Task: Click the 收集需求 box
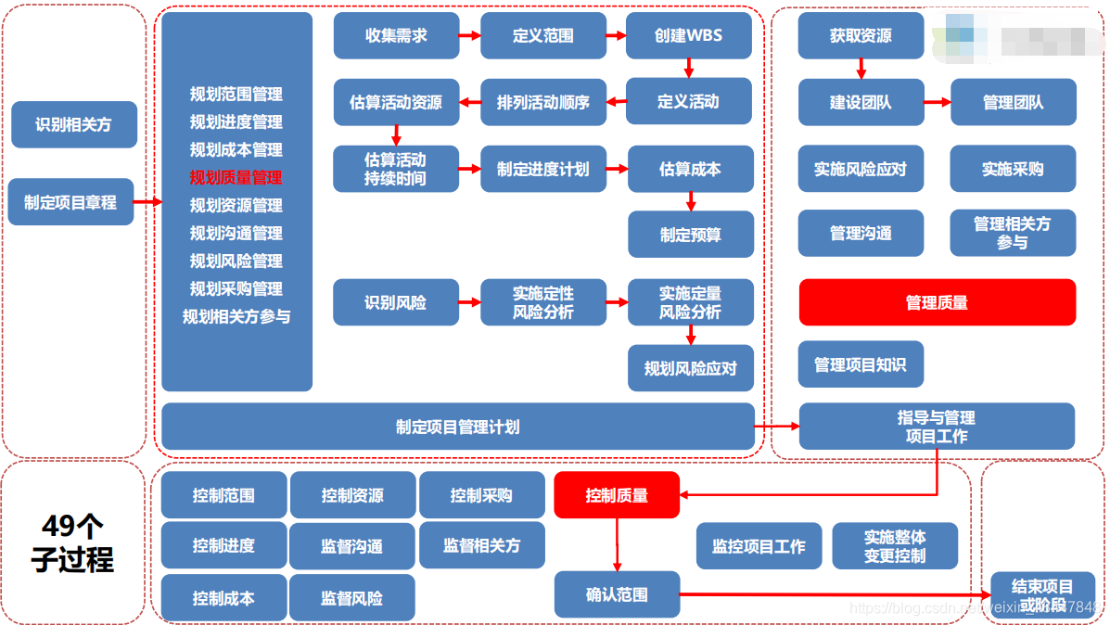point(396,36)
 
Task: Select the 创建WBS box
point(688,36)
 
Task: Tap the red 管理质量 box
point(937,302)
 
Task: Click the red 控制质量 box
point(617,495)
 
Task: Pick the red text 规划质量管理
point(236,177)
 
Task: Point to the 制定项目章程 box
point(70,201)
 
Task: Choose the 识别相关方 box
point(73,124)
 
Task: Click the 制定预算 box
point(690,235)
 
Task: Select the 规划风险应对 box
point(690,368)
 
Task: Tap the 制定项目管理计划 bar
point(458,427)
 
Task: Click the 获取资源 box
point(861,36)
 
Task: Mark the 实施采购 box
point(1013,169)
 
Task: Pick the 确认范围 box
point(617,594)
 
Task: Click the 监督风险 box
point(351,598)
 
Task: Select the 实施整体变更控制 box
point(895,546)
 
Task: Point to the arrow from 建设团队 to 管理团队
point(938,102)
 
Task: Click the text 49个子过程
point(73,543)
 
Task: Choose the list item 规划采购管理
point(236,288)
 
